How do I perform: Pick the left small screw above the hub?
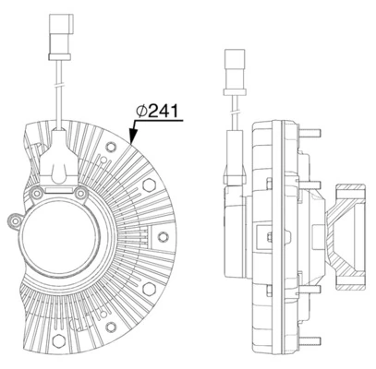(x=36, y=193)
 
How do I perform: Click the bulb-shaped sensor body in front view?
(x=59, y=166)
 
